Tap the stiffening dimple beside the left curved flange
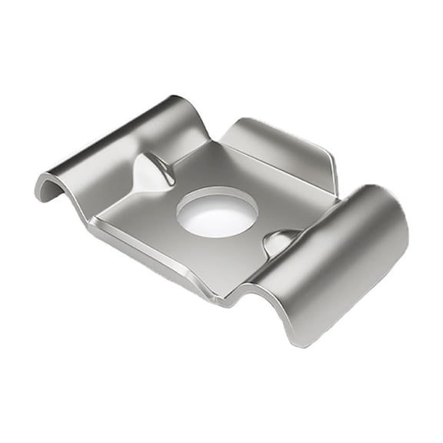click(152, 171)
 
